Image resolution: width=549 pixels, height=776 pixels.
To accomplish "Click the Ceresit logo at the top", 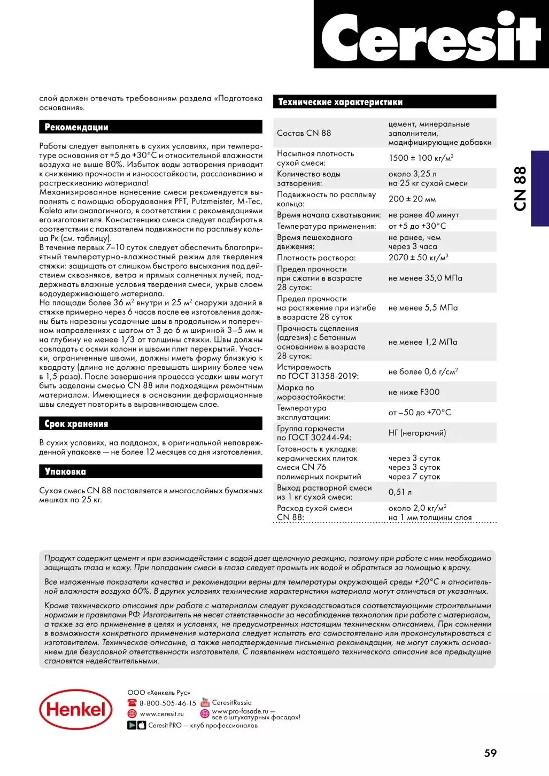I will coord(431,36).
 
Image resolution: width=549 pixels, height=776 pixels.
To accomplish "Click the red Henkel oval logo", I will coord(76,709).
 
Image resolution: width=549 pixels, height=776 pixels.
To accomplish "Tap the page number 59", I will coord(490,753).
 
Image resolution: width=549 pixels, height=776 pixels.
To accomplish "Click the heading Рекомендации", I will coord(76,127).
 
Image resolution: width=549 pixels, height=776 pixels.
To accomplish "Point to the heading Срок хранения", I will coord(76,424).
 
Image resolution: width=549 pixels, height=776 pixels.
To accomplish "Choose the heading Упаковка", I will coord(65,471).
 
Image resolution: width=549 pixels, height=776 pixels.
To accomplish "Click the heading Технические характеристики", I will coord(340,102).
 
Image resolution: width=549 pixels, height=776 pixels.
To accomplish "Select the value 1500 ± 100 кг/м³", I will coord(421,158).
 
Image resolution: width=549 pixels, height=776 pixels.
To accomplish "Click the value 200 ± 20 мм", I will coord(412,199).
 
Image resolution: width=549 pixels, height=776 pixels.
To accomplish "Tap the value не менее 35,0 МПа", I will coord(425,278).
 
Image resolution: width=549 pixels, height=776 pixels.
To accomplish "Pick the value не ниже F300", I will coord(414,392).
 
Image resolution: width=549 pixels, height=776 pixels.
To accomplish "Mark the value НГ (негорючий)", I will coord(417,433).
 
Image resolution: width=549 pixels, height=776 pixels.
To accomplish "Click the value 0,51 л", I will coord(400,492).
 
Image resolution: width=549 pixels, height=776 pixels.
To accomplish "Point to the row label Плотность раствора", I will coord(316,258).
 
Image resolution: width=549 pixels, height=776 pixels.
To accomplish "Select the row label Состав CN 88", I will coord(304,133).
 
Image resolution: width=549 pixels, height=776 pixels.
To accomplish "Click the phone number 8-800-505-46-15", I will coord(167,703).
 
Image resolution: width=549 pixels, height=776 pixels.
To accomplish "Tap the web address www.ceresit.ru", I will coord(161,713).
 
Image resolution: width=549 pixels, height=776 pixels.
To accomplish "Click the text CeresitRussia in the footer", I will coord(231,703).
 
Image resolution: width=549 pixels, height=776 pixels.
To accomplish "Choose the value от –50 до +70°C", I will coord(420,413).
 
